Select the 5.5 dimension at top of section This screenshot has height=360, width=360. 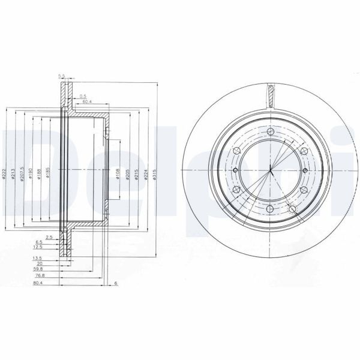tap(61, 75)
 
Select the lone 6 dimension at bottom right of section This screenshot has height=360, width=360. tap(115, 283)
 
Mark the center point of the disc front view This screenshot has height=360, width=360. tap(271, 170)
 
